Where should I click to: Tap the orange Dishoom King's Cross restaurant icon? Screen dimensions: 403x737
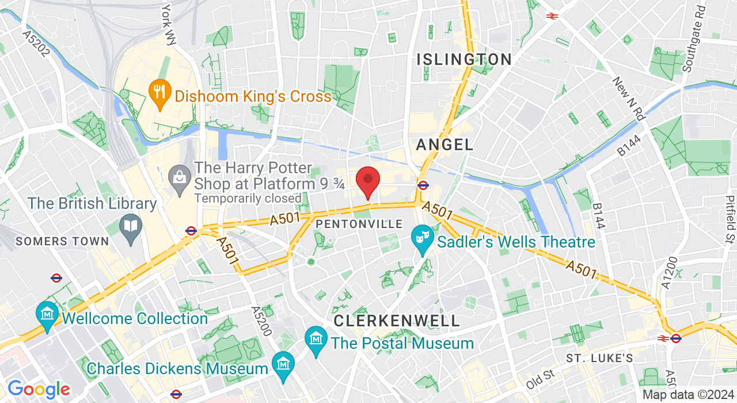point(158,94)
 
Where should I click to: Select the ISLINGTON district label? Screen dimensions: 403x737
point(464,59)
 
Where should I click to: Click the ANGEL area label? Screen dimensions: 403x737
point(445,145)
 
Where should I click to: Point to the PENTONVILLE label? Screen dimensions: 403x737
point(359,223)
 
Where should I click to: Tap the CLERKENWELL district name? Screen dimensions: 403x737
point(397,321)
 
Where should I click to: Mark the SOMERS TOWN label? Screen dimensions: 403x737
point(62,241)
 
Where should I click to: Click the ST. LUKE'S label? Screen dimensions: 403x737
point(599,359)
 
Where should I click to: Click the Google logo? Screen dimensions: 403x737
point(38,390)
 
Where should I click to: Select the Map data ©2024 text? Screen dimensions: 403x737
point(688,395)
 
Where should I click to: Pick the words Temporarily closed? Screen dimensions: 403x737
point(248,198)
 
